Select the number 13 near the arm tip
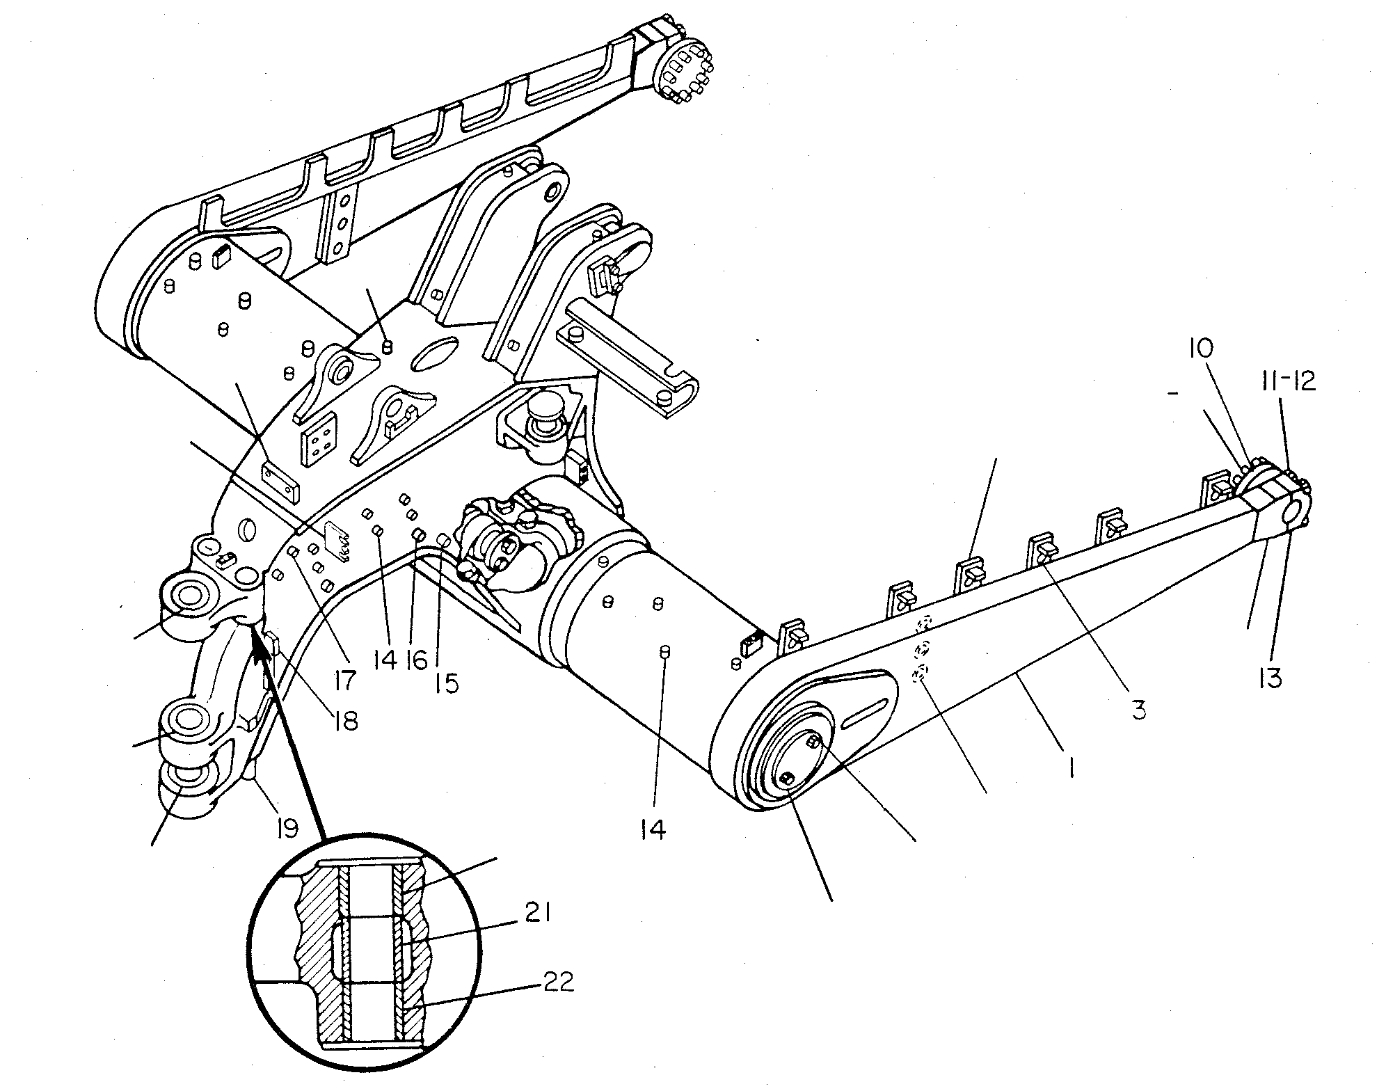(x=1270, y=677)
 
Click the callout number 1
(x=1072, y=767)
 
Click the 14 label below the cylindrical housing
(x=653, y=829)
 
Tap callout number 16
(x=415, y=659)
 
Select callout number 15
(x=447, y=683)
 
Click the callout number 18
(x=346, y=720)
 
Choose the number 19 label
(x=286, y=828)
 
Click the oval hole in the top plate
(x=436, y=354)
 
